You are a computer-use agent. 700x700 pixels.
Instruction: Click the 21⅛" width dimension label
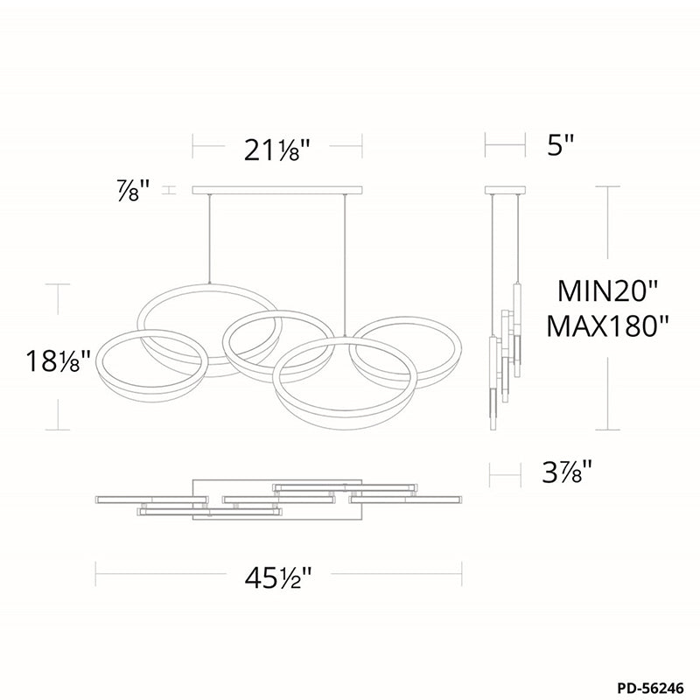coord(276,150)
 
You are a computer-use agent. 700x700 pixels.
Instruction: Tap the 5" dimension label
coord(560,145)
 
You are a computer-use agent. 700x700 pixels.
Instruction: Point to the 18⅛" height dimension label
coord(59,361)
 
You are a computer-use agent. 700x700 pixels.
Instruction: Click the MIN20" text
coord(608,291)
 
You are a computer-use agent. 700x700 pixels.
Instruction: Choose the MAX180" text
coord(608,326)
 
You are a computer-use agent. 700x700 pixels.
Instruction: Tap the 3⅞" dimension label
coord(567,472)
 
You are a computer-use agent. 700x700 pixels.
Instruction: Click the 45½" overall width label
coord(277,578)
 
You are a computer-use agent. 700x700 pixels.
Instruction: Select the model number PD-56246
coord(650,688)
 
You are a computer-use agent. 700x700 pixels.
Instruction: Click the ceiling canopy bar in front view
coord(277,190)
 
